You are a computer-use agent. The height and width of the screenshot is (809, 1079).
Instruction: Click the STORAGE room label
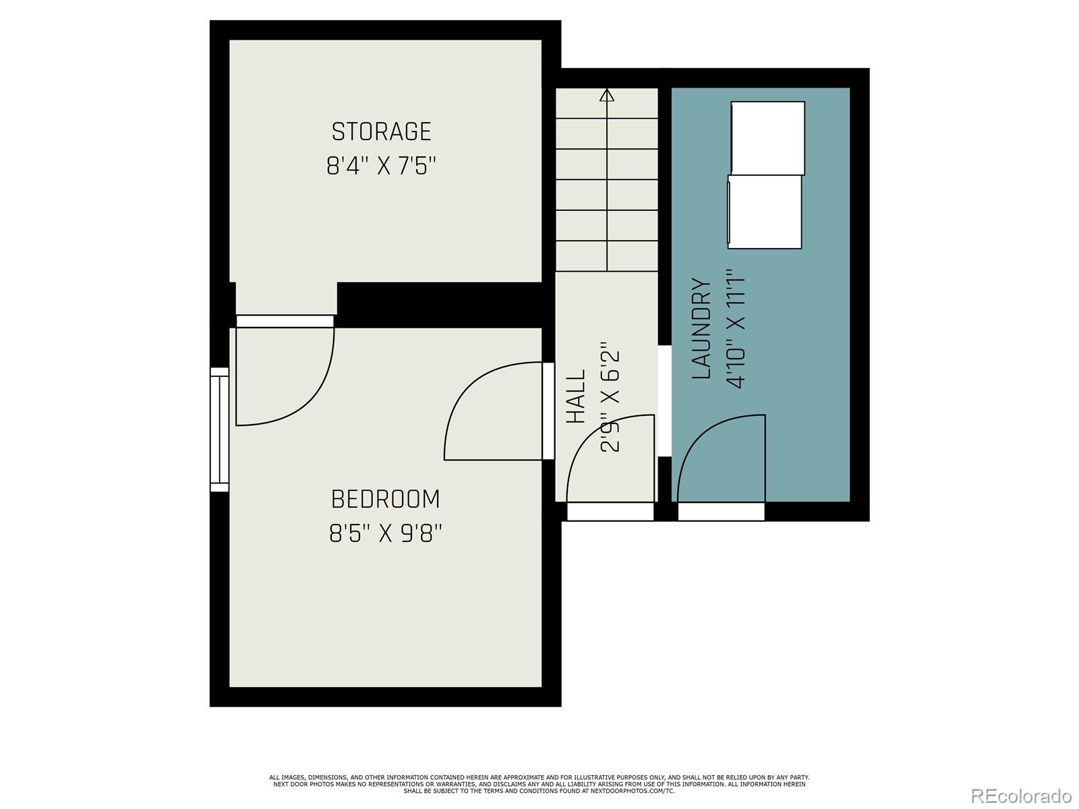point(381,131)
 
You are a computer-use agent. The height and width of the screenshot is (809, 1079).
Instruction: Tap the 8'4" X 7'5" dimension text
point(381,166)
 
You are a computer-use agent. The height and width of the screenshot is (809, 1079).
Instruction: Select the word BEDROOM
point(385,500)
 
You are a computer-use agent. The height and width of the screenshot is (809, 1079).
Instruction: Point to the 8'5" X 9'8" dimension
point(385,534)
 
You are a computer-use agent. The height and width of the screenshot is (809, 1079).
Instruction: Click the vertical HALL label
point(575,396)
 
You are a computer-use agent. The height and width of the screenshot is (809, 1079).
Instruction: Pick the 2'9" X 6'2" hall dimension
point(610,401)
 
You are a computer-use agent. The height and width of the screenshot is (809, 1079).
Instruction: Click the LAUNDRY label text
point(702,329)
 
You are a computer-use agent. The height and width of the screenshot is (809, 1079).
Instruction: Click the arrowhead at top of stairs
point(607,95)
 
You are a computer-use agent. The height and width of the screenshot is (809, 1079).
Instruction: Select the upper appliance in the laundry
point(767,138)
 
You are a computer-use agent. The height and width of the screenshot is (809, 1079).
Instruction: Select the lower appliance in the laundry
point(765,211)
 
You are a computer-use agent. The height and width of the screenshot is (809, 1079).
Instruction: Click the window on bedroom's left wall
point(219,429)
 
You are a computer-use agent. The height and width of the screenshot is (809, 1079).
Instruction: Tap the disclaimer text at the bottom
point(539,783)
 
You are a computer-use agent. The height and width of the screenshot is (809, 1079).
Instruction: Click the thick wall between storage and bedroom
point(438,304)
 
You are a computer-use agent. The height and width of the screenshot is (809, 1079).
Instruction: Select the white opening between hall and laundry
point(664,401)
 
